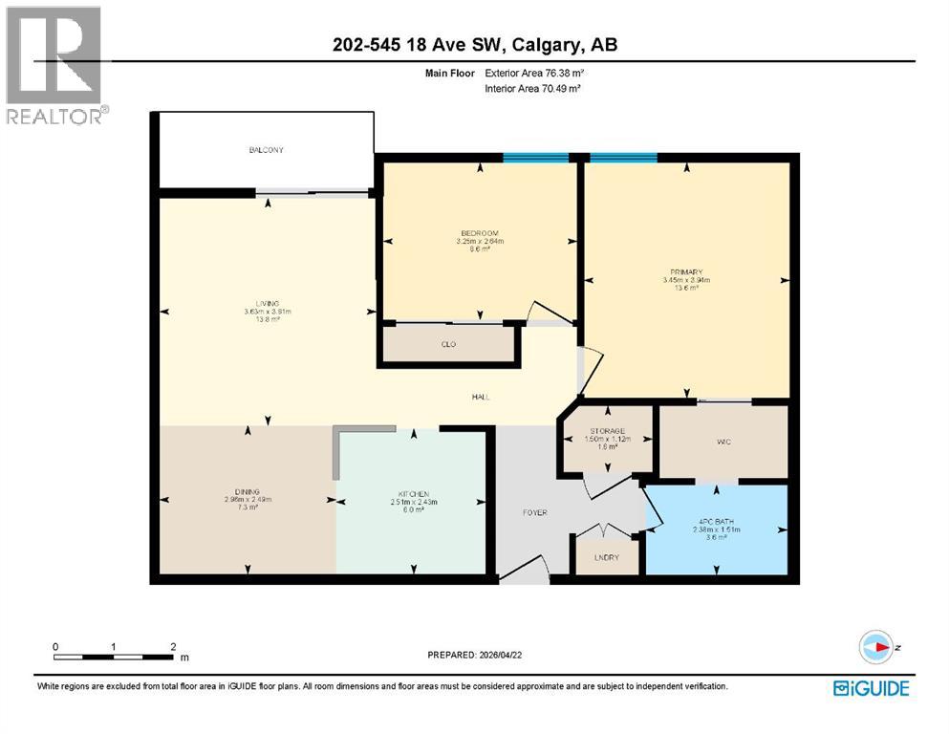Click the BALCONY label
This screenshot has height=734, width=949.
click(267, 150)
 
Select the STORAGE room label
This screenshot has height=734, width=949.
click(606, 431)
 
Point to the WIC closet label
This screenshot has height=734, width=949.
click(723, 443)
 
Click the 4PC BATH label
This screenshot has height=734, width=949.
click(716, 521)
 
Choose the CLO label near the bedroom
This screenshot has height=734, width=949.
click(449, 345)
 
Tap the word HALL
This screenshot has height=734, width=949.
click(480, 397)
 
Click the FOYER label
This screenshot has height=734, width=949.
click(534, 513)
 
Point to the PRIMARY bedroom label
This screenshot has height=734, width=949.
click(687, 272)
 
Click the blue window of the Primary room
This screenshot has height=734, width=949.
click(623, 157)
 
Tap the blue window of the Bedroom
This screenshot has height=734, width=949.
click(535, 157)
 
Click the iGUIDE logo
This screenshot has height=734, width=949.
click(871, 687)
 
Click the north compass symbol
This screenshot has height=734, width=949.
click(874, 647)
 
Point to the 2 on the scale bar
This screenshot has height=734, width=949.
click(172, 646)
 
